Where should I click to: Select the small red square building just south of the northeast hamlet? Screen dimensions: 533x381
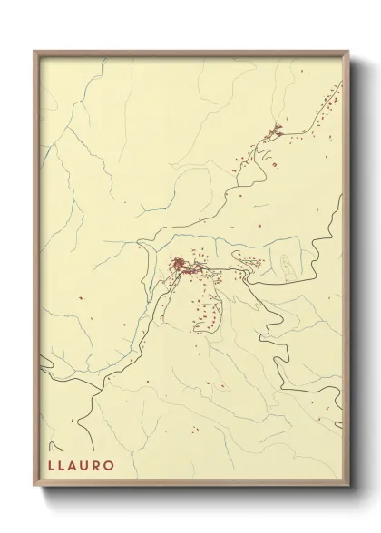[x=271, y=164]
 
